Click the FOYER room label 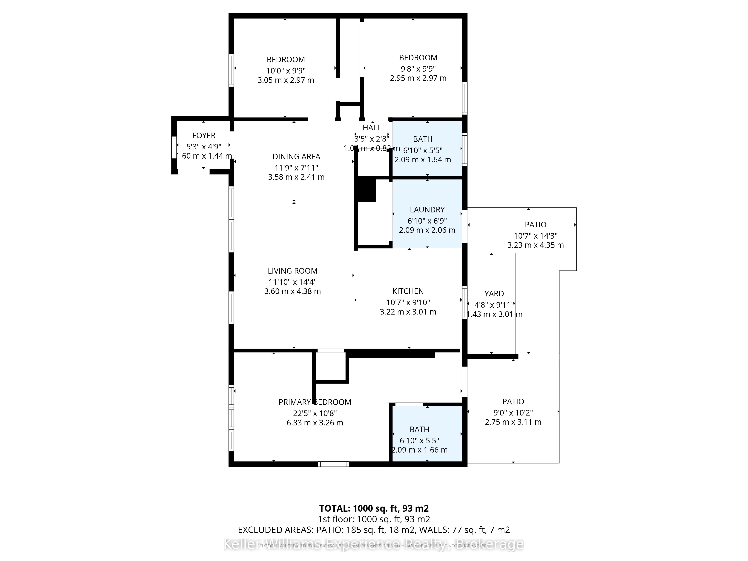tap(204, 136)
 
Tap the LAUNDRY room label tap(427, 210)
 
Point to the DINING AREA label tap(296, 157)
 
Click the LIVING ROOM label tap(292, 271)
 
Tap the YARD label tap(494, 294)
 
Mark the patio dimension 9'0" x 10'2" tap(513, 413)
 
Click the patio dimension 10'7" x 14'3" tap(535, 236)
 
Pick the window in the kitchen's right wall tap(465, 302)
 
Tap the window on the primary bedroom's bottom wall tap(333, 464)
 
